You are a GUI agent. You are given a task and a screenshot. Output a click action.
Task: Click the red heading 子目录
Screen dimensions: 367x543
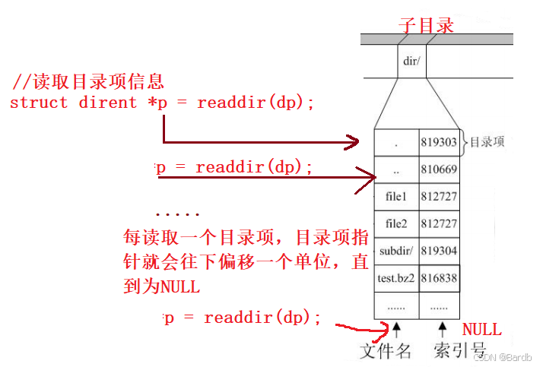[x=426, y=25]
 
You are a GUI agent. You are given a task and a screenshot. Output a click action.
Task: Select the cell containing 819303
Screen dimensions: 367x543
[x=439, y=142]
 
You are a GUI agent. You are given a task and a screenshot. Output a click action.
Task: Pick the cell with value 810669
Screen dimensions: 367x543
[x=439, y=169]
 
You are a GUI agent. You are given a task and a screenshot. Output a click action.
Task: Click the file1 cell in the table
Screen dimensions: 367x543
[x=396, y=197]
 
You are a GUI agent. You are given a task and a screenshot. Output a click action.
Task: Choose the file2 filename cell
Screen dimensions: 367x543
[x=396, y=224]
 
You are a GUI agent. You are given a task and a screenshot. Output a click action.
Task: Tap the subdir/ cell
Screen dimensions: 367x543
[x=396, y=251]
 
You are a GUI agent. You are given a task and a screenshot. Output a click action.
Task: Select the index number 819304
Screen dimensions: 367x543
[x=439, y=251]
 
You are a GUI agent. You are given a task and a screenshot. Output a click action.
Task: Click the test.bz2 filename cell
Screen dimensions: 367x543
[x=396, y=278]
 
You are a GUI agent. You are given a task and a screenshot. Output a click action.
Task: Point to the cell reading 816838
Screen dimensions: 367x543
[x=439, y=278]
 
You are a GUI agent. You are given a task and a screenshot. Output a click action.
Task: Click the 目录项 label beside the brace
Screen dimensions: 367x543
[x=487, y=142]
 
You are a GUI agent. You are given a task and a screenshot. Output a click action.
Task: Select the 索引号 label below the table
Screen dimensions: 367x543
[x=459, y=350]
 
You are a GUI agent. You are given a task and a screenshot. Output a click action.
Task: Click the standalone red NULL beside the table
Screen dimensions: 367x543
[x=482, y=329]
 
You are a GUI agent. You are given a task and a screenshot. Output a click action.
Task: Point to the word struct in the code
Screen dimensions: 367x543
[x=39, y=103]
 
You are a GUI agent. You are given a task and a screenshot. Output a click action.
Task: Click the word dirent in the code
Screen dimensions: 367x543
[x=107, y=103]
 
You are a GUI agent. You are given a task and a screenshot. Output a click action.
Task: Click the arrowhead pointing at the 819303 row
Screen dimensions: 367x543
[x=354, y=141]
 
